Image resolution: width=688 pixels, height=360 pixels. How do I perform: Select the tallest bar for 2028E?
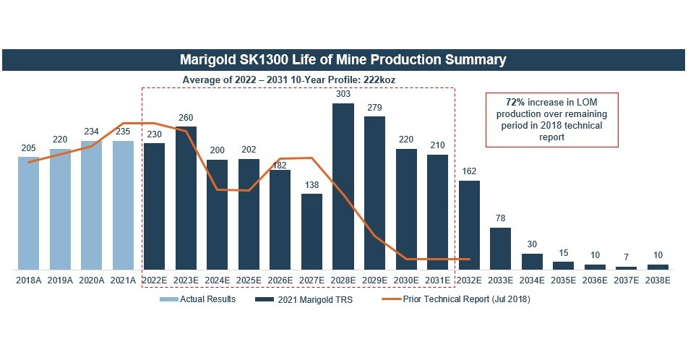point(343,187)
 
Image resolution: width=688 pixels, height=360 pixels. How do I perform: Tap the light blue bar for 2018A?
point(29,213)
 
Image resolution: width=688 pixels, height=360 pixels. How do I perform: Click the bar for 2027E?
point(311,231)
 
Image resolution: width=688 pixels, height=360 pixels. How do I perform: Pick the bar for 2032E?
point(469,225)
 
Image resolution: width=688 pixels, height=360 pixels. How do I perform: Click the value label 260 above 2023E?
point(186,118)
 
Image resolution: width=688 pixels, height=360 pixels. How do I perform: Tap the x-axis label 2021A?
point(123,279)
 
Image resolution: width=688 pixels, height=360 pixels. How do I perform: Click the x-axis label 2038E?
point(658,279)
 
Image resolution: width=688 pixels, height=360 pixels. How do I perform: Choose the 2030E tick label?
point(406,279)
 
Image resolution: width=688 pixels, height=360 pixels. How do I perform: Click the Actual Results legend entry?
point(205,299)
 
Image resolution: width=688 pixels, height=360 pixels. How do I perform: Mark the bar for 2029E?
point(374,193)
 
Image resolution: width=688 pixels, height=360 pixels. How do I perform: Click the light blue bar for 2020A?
point(92,205)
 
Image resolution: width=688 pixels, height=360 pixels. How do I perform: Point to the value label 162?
point(469,171)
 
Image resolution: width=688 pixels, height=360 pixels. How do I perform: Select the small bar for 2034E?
point(532,262)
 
